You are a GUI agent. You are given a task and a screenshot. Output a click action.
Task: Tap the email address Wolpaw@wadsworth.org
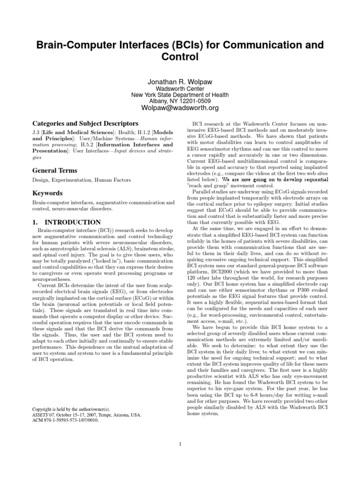tap(180, 108)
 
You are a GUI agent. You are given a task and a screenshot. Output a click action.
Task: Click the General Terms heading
tap(54, 171)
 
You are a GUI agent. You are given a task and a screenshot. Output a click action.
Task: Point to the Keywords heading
tap(48, 193)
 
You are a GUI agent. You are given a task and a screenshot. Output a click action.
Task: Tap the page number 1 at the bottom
tap(180, 444)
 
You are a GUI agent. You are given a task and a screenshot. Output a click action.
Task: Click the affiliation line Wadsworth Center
tap(180, 88)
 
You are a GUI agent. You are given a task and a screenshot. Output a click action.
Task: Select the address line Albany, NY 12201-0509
tap(180, 101)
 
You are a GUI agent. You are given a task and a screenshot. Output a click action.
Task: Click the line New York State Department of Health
tap(180, 95)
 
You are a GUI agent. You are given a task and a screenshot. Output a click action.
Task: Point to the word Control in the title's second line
tap(180, 57)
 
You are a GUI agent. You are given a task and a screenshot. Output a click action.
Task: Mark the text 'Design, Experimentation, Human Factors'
tap(75, 180)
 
